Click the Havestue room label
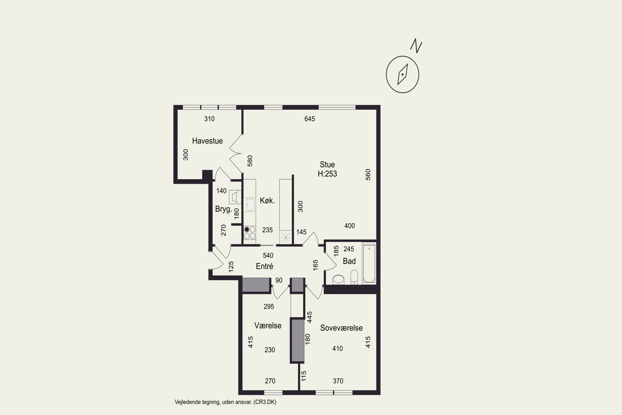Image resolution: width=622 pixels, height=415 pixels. (x=207, y=141)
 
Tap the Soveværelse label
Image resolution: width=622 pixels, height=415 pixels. (x=341, y=328)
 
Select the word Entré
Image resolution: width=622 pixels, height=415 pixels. (x=265, y=266)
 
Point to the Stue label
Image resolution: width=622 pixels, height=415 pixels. (x=327, y=165)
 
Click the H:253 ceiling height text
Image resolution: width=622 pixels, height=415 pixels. (x=327, y=174)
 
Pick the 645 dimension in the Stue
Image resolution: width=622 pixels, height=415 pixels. (x=310, y=119)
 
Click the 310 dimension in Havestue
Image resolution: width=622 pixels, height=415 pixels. (x=209, y=119)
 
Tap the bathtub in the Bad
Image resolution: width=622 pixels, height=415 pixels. (x=369, y=263)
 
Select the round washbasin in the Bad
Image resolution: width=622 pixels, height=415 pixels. (x=338, y=280)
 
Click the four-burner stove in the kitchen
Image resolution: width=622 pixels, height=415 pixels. (x=250, y=233)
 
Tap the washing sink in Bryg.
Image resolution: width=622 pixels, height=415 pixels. (x=235, y=197)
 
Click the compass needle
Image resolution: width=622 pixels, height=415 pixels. (x=402, y=74)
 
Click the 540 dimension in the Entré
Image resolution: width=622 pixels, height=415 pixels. (x=268, y=255)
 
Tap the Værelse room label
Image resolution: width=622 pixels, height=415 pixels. (x=268, y=326)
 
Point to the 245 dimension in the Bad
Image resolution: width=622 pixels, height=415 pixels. (x=349, y=249)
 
